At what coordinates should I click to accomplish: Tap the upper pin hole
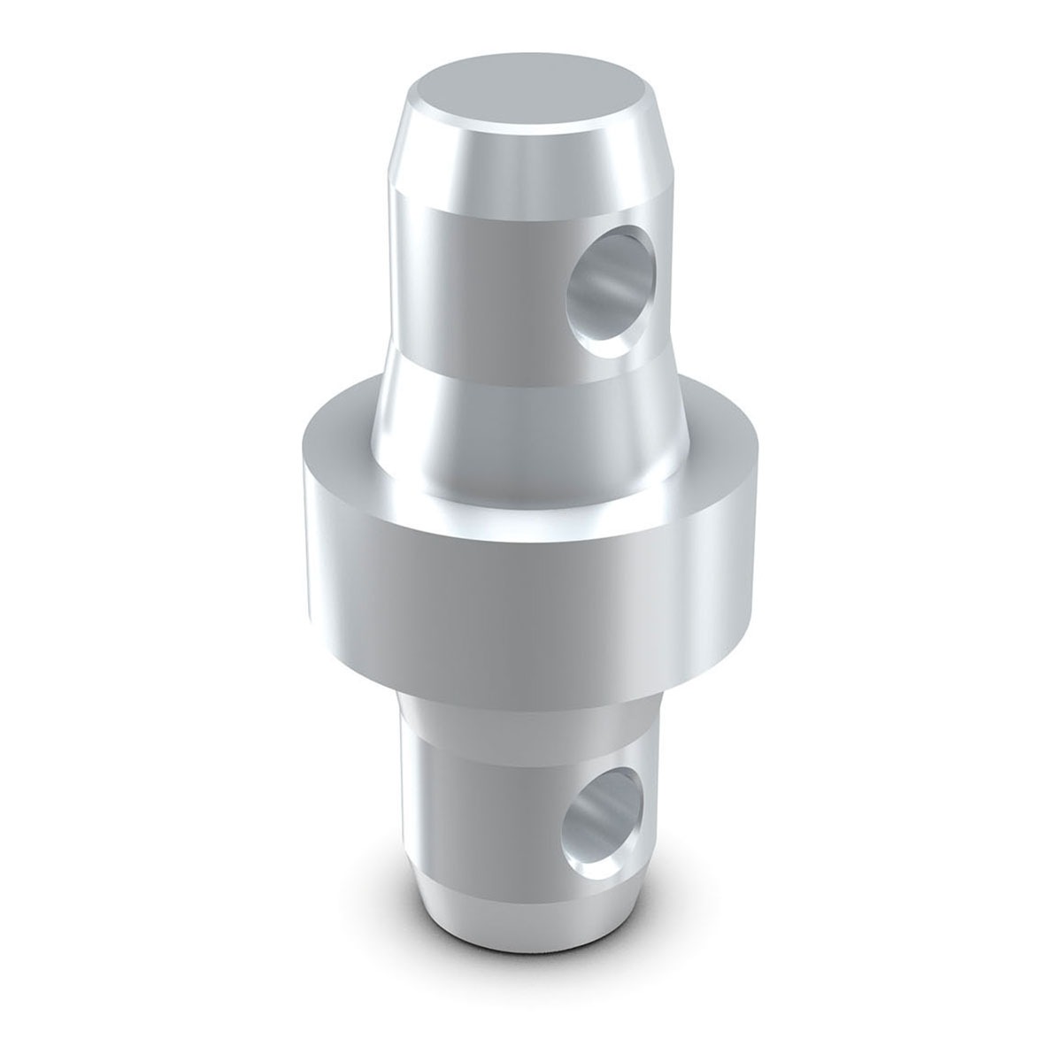[x=604, y=288]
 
